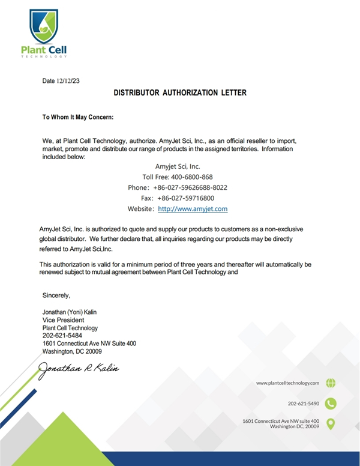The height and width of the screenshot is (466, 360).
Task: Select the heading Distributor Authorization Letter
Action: coord(180,93)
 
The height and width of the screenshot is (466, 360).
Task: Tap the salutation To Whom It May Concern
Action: coord(78,117)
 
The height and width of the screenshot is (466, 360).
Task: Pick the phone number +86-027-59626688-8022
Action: coord(190,187)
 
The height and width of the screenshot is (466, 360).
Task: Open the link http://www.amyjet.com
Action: coord(193,209)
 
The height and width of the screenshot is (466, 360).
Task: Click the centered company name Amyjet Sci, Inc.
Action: coord(178,166)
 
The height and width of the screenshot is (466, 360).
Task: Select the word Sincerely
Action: coord(56,295)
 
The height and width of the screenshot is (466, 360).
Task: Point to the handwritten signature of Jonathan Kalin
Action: coord(79,368)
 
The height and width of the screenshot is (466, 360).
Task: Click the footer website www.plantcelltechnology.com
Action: coord(287,383)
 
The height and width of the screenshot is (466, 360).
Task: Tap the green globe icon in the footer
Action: coord(331,383)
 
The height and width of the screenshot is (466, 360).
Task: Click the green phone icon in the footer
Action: coord(331,404)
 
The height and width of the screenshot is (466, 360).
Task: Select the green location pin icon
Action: coord(331,424)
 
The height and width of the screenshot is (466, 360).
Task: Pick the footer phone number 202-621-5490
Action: coord(304,404)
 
